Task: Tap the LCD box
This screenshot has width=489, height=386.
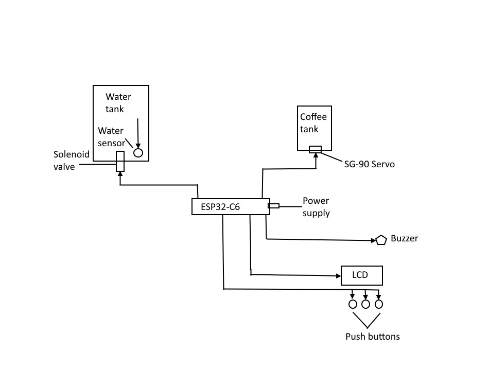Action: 362,275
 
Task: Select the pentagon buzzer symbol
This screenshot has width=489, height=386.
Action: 381,240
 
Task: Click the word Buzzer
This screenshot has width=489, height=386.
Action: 405,238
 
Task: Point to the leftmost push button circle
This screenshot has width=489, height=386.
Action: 353,304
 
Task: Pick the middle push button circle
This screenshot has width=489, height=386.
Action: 366,304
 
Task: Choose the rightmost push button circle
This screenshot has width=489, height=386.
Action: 379,304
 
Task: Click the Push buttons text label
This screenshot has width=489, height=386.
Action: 372,337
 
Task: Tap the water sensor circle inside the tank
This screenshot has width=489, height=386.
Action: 138,153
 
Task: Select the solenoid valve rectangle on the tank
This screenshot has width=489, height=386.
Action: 120,161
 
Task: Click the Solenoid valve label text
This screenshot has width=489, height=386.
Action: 72,160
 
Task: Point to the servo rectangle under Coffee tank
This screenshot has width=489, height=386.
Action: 315,150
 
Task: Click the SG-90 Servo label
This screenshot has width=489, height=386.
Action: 370,164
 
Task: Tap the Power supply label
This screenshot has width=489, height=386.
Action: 316,206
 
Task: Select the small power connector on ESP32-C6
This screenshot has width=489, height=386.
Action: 274,206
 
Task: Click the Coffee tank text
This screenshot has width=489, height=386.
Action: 313,123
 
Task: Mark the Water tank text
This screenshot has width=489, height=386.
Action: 118,102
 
